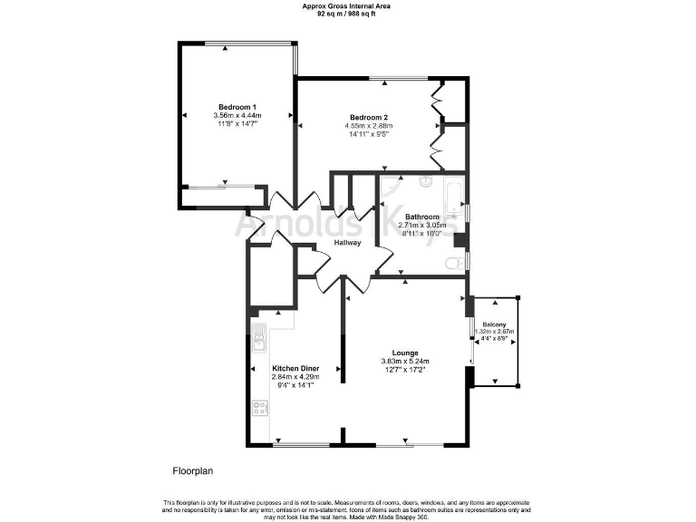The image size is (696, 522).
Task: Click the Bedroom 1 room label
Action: (237, 107)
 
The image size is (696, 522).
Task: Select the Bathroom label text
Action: (422, 217)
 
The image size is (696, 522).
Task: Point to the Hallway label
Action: (347, 243)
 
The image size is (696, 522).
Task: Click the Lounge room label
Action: (404, 353)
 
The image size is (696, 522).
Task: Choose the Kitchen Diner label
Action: (295, 368)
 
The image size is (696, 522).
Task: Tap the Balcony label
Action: (494, 324)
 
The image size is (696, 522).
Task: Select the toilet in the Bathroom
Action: (452, 263)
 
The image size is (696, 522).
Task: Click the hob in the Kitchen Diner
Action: (260, 408)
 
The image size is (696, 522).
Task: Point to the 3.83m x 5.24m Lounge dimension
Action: (404, 362)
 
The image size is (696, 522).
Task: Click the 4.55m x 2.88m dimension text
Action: (369, 127)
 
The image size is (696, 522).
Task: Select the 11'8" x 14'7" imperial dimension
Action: (237, 125)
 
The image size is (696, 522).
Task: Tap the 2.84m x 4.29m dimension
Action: (295, 377)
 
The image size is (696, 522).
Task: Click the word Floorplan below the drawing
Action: (191, 471)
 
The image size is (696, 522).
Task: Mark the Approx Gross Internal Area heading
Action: (347, 6)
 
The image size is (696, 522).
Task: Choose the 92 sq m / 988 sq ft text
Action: (347, 14)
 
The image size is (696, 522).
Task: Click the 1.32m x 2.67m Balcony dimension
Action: (494, 332)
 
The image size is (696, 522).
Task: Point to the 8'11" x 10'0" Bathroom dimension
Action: (422, 233)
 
